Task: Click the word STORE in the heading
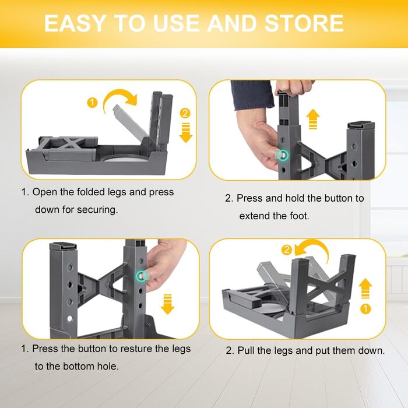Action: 304,23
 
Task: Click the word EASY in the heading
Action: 74,23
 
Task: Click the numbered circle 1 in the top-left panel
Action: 92,103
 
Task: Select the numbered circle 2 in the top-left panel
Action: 185,114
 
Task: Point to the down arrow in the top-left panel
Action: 186,133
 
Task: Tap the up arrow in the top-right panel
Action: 313,119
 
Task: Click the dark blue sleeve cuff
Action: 252,95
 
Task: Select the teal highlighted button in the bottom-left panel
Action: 141,276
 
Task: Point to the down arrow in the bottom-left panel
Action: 167,304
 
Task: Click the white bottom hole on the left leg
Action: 69,318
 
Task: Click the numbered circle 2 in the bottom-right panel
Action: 287,250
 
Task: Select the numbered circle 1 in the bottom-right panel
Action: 365,309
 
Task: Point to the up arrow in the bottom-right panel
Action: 365,289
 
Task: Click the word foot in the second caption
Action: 299,216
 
